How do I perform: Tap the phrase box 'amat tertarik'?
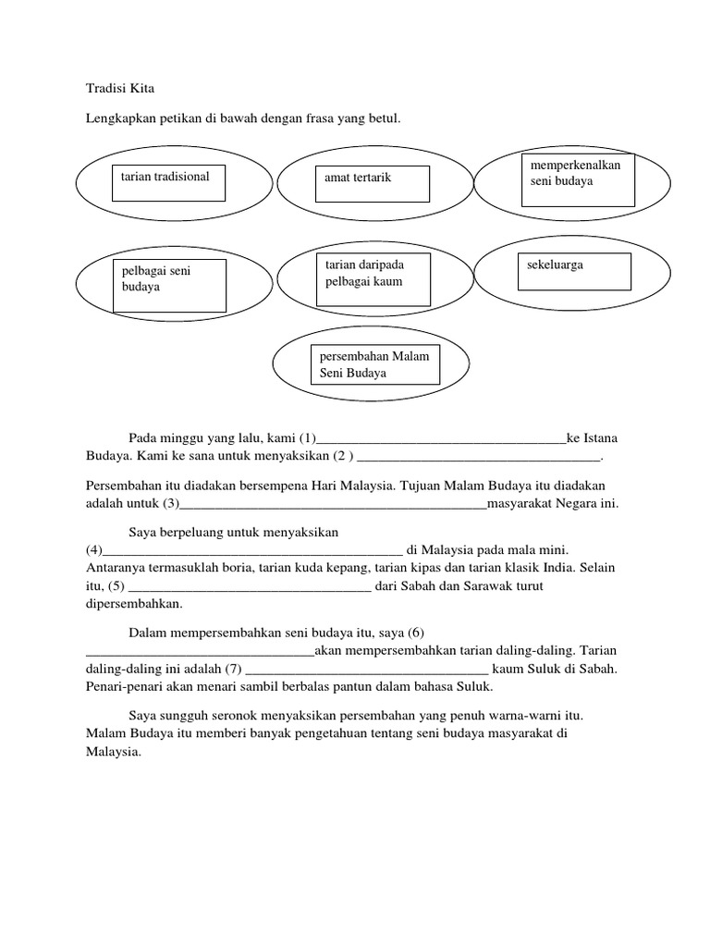(x=370, y=183)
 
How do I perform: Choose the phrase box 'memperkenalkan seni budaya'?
(x=579, y=179)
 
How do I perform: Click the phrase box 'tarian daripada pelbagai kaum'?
(x=373, y=278)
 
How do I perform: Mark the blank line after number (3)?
(x=333, y=506)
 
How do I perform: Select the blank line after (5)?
(x=250, y=587)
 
